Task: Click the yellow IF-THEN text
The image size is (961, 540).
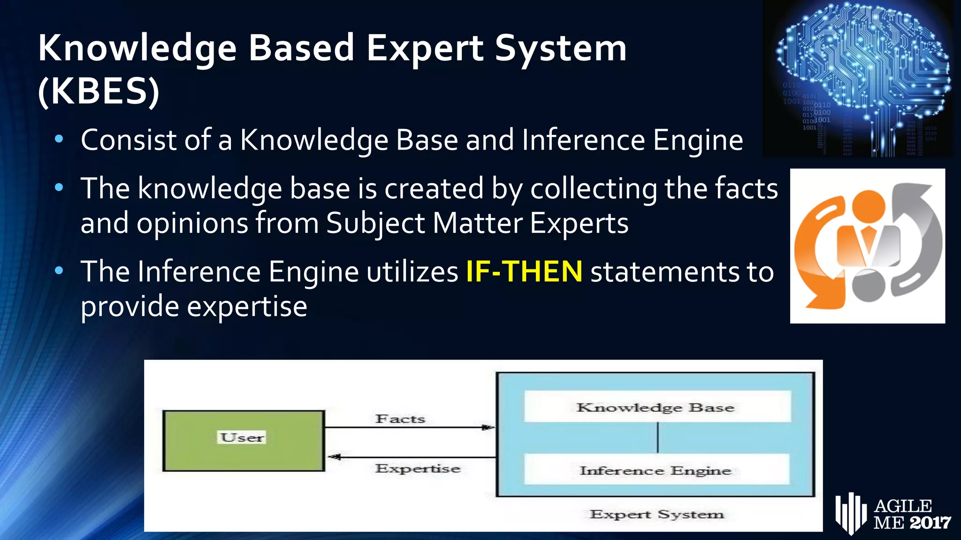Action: (524, 272)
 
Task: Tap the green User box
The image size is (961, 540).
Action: (244, 441)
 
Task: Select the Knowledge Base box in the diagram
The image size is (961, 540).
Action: (656, 407)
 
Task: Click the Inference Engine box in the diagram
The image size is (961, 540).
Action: (656, 470)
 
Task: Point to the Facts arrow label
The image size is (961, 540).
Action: (400, 419)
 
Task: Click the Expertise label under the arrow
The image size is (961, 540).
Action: (418, 468)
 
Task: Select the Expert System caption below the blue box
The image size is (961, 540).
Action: (656, 514)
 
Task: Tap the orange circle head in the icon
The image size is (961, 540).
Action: (868, 206)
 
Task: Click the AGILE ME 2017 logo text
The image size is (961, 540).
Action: (910, 514)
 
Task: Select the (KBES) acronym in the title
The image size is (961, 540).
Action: (99, 91)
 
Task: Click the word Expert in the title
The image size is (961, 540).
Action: (425, 48)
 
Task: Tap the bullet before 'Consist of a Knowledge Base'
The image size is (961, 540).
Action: (59, 139)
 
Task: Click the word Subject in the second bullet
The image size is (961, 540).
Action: (375, 223)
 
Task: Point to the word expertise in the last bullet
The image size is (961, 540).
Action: (247, 307)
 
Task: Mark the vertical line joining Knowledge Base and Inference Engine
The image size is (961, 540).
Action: (657, 437)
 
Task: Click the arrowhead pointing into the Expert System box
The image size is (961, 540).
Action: (488, 427)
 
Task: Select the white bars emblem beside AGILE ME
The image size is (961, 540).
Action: (850, 513)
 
